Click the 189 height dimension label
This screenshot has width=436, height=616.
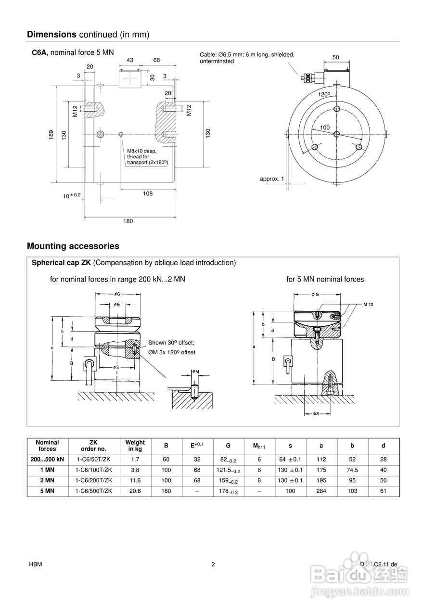[51, 135]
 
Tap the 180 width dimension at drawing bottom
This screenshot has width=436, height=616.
[128, 221]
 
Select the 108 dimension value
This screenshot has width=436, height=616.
[148, 193]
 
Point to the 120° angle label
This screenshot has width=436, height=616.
[324, 94]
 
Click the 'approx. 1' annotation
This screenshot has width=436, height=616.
[272, 179]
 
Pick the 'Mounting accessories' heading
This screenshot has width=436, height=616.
[73, 246]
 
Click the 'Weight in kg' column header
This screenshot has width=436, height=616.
[135, 446]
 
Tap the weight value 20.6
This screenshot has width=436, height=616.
[135, 491]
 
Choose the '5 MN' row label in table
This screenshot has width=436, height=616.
[47, 491]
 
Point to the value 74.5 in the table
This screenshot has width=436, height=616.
[352, 470]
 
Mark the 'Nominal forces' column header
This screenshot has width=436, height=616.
[47, 446]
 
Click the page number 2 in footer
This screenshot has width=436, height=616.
[213, 565]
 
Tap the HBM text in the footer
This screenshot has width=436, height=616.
[34, 565]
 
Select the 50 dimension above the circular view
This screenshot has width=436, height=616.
[335, 57]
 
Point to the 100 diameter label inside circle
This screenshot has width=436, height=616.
[325, 127]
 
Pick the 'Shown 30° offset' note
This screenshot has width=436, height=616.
[171, 343]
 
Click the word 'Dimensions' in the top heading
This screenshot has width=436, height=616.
[51, 34]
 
